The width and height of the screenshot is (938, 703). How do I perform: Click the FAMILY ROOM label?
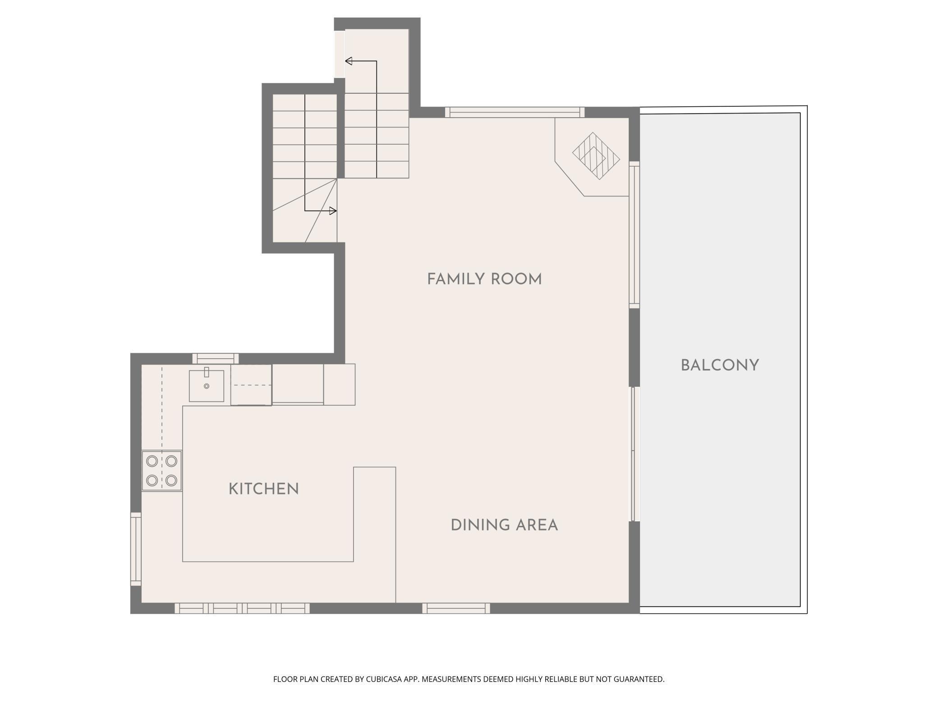coord(484,279)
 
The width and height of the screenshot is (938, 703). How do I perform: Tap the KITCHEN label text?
coord(264,489)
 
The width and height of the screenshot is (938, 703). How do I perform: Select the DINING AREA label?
coord(504,525)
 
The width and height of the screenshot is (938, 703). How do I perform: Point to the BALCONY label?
coord(720,365)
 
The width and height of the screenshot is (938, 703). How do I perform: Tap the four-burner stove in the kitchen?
coord(161,471)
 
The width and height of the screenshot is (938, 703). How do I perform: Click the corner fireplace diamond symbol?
coord(596,156)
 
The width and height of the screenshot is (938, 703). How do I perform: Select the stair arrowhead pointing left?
coord(349,61)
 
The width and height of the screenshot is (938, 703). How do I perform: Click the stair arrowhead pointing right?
coord(333,210)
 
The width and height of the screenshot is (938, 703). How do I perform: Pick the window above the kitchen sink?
coord(216,359)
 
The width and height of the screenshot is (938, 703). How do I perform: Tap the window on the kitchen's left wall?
coord(136,549)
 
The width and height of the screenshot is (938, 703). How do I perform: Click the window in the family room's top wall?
coord(515,112)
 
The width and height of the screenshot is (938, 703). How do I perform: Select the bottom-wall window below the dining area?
coord(456,609)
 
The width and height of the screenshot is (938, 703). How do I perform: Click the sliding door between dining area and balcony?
coord(635,454)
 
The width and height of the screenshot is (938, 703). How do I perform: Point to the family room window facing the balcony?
coord(635,235)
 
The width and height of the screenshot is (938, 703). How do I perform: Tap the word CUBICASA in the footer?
coord(385,679)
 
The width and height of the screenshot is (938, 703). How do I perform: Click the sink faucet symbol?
coord(207,372)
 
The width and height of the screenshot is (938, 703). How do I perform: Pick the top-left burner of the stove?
coord(152,461)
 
